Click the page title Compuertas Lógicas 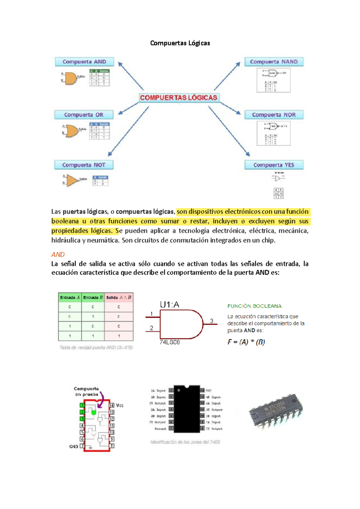180,43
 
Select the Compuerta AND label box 84,62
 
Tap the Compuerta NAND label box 274,62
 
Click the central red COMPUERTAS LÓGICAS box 179,98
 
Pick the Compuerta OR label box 84,115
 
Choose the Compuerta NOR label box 274,115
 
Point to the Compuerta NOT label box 84,165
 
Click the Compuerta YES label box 274,165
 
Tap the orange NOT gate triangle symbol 72,180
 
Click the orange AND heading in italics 58,254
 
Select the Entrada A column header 70,297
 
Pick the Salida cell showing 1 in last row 119,336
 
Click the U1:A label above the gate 169,305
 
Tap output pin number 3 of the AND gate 211,321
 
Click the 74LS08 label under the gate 169,342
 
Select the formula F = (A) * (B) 246,342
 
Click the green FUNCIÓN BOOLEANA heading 254,306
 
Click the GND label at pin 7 73,447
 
